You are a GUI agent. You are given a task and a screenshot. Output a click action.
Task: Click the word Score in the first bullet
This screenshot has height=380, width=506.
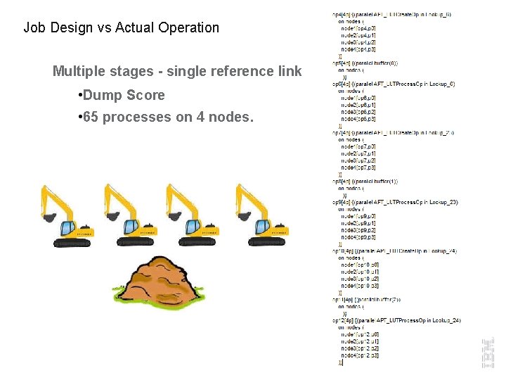(x=145, y=95)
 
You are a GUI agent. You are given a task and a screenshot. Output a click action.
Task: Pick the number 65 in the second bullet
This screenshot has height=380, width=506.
(x=91, y=117)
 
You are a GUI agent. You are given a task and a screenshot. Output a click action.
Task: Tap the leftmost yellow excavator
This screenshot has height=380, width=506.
(x=74, y=214)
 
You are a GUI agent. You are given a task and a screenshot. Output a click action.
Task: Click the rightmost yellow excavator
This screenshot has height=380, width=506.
(x=261, y=214)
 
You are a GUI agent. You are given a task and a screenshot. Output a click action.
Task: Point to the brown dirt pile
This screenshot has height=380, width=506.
(x=159, y=279)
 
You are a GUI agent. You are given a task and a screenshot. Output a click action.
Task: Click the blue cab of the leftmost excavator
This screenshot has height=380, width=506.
(x=67, y=227)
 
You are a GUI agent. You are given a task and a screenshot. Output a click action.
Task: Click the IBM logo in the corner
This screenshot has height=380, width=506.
(x=488, y=352)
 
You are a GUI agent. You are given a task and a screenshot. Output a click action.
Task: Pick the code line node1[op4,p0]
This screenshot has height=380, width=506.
(x=358, y=28)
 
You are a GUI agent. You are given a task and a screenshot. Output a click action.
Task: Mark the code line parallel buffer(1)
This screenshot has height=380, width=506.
(x=365, y=182)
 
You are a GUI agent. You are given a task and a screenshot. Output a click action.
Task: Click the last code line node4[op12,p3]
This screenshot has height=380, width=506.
(x=360, y=356)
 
